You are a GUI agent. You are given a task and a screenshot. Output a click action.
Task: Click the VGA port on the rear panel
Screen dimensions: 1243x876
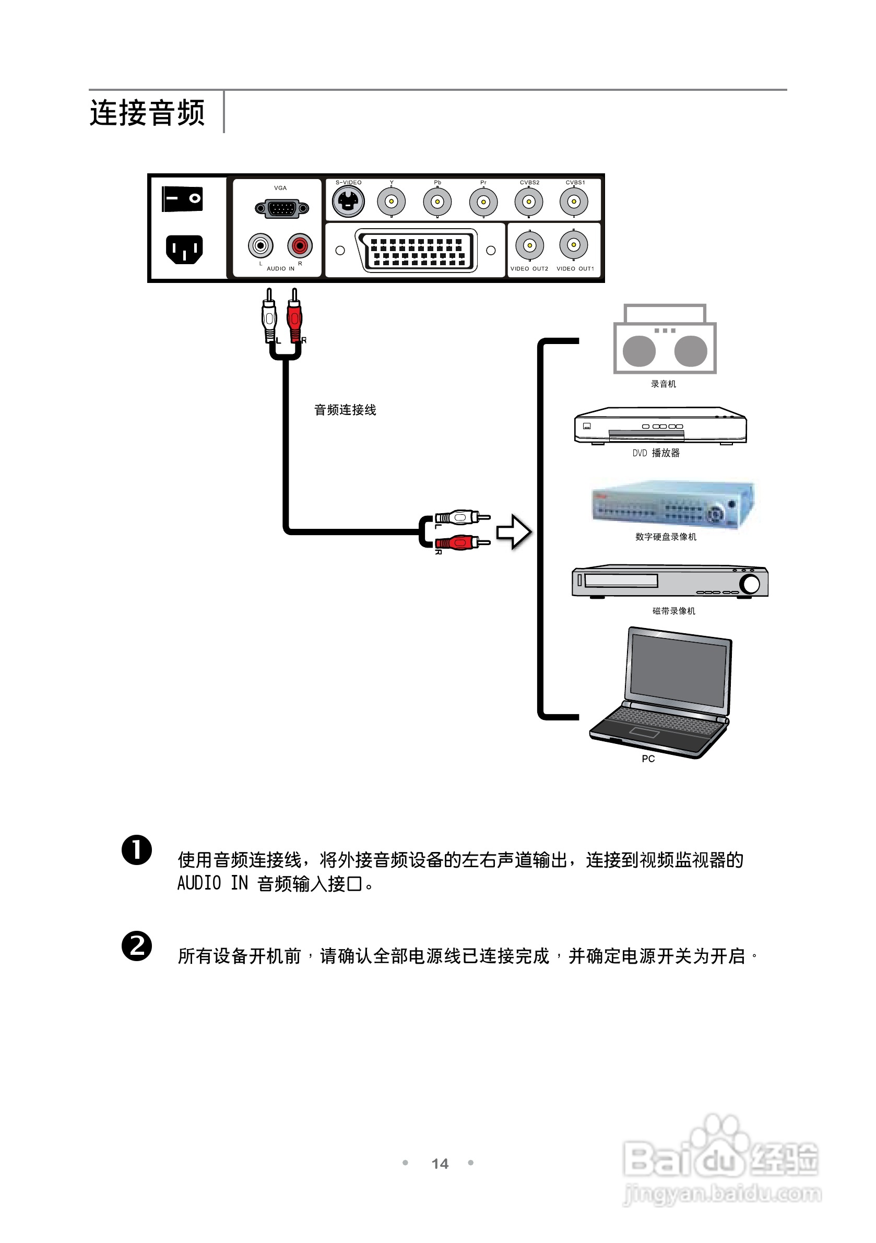(281, 208)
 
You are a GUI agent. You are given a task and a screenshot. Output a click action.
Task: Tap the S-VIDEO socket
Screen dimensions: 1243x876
(348, 202)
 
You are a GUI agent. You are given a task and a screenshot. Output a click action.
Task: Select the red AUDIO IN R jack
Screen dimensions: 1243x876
(300, 246)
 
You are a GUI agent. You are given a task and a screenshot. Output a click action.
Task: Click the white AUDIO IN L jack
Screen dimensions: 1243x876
(261, 246)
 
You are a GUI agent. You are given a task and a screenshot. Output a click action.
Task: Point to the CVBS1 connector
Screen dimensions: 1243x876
(574, 202)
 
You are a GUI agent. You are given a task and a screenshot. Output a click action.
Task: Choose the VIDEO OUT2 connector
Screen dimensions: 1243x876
(529, 245)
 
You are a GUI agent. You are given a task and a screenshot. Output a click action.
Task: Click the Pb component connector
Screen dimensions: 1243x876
(437, 202)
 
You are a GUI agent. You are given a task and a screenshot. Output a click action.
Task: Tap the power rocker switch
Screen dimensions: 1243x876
(182, 199)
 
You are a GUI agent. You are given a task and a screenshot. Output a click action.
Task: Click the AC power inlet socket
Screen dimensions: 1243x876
(184, 250)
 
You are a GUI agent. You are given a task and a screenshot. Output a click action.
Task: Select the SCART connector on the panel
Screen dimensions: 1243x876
(416, 250)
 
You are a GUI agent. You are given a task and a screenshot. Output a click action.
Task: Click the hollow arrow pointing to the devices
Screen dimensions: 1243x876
(514, 532)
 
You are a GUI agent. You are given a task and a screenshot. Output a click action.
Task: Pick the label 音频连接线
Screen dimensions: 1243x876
(345, 410)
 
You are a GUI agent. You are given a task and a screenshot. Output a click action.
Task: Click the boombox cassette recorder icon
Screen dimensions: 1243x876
(665, 340)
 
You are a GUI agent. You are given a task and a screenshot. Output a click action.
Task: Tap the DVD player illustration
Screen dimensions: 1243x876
(660, 426)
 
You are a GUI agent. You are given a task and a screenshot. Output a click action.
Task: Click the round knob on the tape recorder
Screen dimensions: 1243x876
(750, 584)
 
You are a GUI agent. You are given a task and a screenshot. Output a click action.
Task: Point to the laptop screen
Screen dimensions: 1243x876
(678, 671)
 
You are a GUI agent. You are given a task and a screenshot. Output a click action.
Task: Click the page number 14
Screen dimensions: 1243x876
(440, 1164)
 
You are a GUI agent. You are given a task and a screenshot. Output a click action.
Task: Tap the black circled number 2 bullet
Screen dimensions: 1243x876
(136, 946)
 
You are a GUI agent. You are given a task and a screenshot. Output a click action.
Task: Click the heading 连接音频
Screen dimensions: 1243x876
(147, 113)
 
